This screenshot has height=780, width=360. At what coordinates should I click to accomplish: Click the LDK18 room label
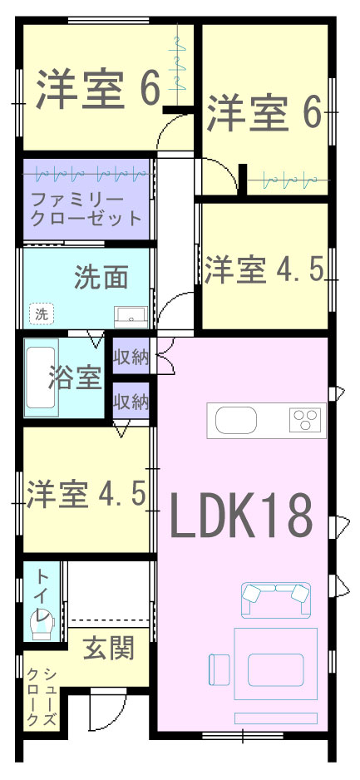coord(241,515)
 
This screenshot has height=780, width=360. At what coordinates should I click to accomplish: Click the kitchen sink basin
coord(235,419)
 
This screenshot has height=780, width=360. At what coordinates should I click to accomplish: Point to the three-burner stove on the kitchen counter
coord(305,419)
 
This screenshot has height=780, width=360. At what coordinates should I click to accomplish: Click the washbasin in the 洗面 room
coord(131,316)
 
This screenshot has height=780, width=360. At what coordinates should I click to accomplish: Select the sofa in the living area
coord(276,600)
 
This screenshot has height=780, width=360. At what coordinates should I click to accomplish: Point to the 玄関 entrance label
coord(108,648)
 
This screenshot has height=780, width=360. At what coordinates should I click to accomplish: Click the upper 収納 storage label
coord(131,358)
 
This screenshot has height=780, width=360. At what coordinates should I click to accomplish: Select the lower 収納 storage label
coord(131,402)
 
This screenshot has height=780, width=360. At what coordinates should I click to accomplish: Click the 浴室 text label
coord(76,378)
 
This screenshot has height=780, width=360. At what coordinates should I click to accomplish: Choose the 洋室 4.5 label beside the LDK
coord(86,495)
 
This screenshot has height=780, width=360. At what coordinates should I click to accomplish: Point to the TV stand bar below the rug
coord(276,718)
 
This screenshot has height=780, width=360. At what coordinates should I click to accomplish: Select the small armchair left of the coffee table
coord(219,669)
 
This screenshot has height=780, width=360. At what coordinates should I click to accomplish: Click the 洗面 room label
coord(102,277)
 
